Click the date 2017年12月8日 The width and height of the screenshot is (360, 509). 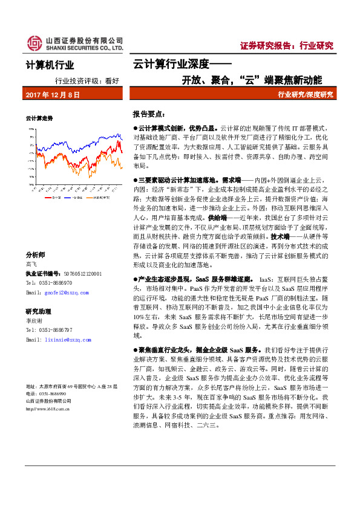(x=53, y=96)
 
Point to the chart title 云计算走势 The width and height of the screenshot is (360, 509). (x=39, y=117)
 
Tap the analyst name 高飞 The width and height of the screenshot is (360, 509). (x=31, y=264)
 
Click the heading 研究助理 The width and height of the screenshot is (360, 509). (x=38, y=311)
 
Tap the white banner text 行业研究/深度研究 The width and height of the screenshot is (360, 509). (x=305, y=95)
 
